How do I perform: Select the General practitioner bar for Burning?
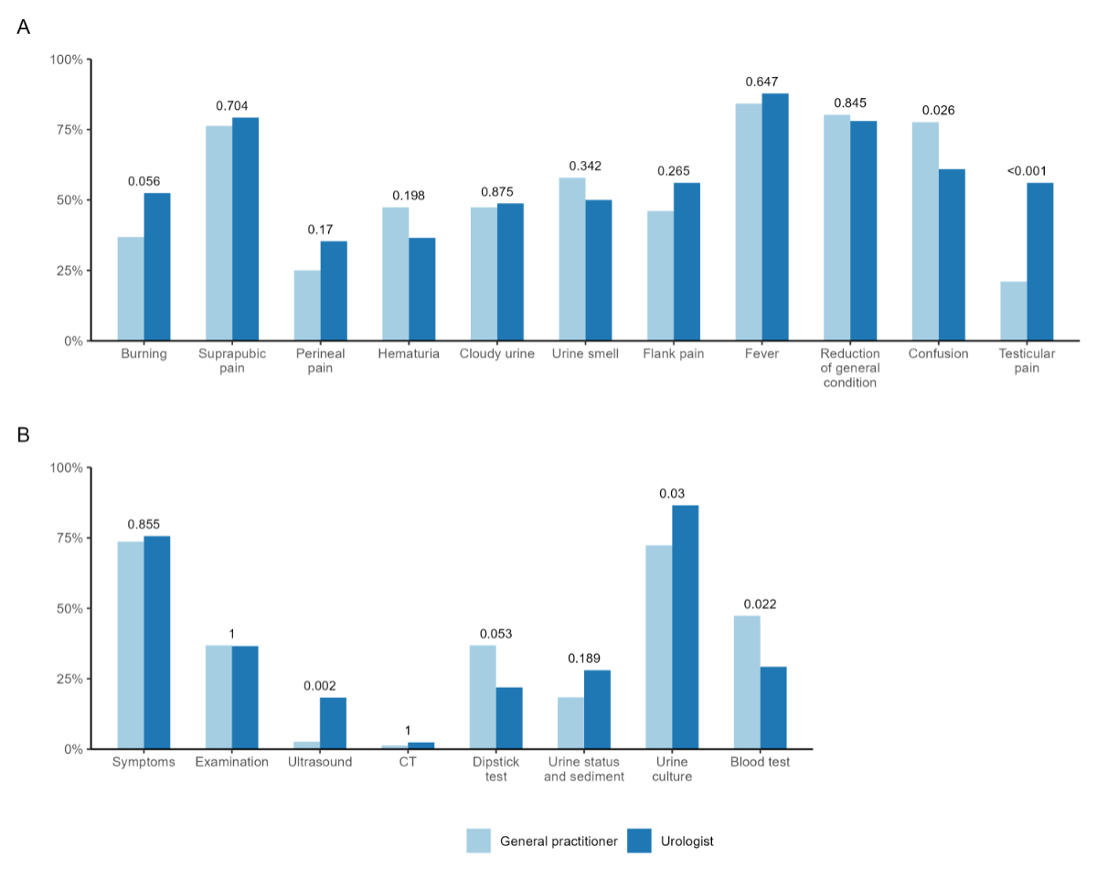(131, 289)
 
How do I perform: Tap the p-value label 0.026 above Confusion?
(938, 111)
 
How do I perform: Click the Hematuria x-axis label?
(409, 354)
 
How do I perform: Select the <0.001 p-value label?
(1027, 171)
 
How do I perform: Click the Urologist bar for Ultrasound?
(333, 724)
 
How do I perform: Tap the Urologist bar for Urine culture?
(686, 627)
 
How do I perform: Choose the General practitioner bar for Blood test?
(747, 682)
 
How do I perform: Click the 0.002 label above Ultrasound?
(320, 686)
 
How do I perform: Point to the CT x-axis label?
(408, 762)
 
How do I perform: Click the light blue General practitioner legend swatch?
(479, 841)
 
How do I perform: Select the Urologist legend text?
(686, 841)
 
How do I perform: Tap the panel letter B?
(24, 434)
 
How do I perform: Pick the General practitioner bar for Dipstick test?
(483, 697)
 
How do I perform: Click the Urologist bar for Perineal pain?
(334, 291)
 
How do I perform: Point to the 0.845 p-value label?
(849, 102)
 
